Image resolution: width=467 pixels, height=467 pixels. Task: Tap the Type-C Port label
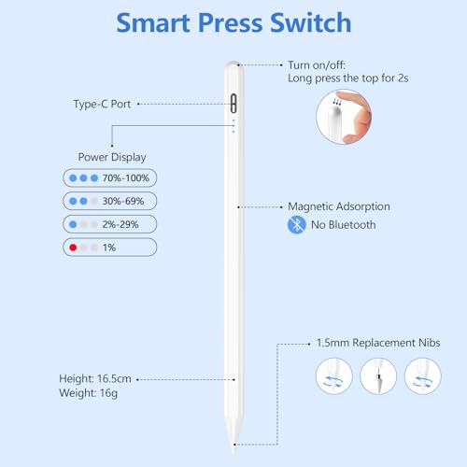[x=104, y=104]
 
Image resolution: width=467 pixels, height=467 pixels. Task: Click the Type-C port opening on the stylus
[x=233, y=104]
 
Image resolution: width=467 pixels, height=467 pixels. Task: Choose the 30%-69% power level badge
[x=109, y=201]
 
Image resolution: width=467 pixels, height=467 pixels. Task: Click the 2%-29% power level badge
[x=109, y=224]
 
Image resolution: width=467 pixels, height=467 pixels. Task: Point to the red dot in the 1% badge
[x=71, y=248]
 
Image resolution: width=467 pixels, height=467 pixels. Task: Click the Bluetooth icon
[x=295, y=225]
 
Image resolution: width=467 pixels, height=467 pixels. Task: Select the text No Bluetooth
[x=343, y=225]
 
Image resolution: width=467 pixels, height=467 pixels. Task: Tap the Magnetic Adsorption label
[x=337, y=206]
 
